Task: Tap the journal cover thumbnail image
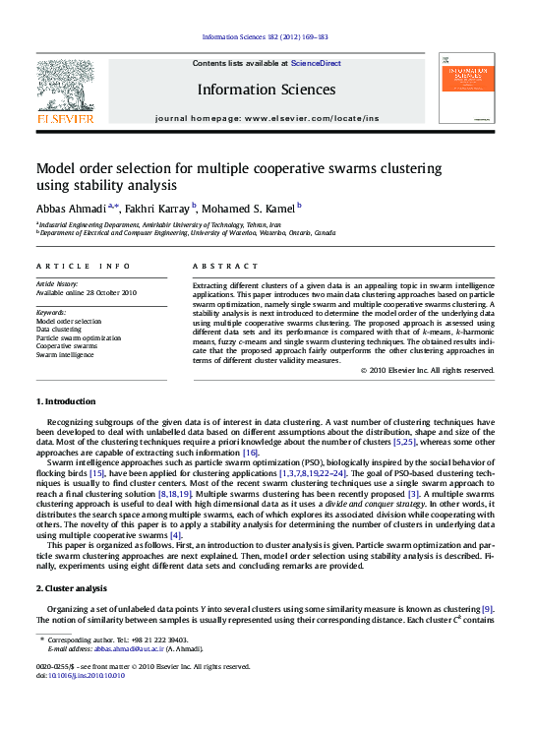point(467,89)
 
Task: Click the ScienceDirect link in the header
point(316,63)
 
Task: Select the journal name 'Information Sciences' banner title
point(267,90)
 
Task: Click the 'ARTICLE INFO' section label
point(83,267)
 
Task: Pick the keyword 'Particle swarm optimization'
point(79,337)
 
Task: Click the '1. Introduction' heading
point(66,402)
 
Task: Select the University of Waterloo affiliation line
point(187,233)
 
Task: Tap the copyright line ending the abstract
point(427,371)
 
